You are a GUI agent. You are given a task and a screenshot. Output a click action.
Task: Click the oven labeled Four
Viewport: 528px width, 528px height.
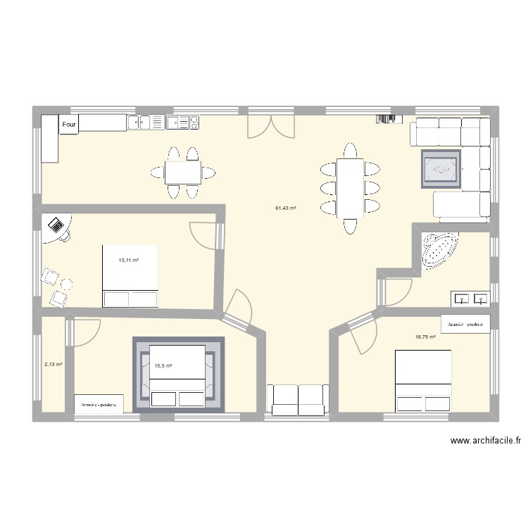(x=68, y=125)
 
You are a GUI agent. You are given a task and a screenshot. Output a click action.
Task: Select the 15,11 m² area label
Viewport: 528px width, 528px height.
(x=129, y=260)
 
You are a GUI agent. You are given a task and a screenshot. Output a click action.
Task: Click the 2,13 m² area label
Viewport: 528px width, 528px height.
(x=53, y=365)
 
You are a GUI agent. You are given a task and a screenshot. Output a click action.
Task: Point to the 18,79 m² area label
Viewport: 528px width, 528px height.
(x=425, y=337)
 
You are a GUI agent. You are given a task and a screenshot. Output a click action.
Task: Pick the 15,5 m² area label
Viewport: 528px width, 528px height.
(x=163, y=366)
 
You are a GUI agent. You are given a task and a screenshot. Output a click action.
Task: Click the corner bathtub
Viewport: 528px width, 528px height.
(x=439, y=251)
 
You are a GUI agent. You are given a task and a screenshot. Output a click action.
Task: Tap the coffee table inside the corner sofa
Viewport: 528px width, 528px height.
(x=441, y=170)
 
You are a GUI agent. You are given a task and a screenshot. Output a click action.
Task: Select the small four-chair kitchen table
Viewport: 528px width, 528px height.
(x=182, y=172)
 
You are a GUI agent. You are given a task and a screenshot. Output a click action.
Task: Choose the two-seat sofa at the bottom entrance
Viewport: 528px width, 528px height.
(x=298, y=399)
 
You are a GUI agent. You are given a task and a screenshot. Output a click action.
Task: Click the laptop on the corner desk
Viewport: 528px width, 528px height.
(x=56, y=226)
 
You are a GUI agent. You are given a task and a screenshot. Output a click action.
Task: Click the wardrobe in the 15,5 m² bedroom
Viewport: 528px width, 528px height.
(x=99, y=404)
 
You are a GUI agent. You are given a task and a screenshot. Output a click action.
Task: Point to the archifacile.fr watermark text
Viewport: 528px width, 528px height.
(x=486, y=441)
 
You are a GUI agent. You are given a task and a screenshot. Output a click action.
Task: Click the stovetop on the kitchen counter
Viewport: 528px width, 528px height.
(x=182, y=123)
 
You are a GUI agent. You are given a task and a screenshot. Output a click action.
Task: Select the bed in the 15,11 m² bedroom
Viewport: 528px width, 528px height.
(x=130, y=275)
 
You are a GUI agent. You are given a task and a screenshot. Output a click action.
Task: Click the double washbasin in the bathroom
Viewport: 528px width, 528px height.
(x=470, y=299)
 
